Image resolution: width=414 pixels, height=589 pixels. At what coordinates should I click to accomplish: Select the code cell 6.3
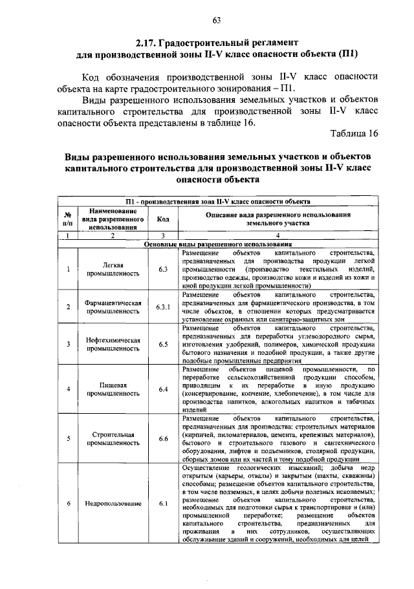tap(162, 268)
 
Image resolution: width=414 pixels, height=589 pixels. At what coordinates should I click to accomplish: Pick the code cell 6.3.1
tap(162, 306)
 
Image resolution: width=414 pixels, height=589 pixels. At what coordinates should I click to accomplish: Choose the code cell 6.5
tap(162, 344)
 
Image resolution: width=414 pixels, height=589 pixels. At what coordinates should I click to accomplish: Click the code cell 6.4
tap(162, 389)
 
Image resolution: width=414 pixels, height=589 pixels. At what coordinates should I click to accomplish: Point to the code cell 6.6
tap(162, 438)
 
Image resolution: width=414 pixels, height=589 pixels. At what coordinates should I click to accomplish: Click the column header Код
tap(162, 219)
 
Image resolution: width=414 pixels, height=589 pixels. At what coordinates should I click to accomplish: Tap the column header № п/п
tap(67, 219)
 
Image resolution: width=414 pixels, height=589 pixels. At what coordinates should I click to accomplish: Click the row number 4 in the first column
tap(67, 389)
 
